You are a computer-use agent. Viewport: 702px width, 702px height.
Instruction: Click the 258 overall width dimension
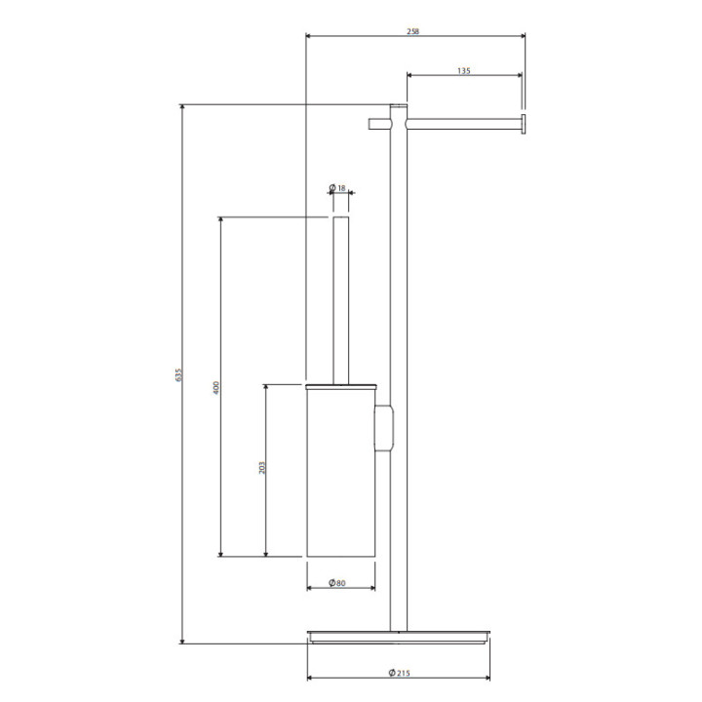[412, 31]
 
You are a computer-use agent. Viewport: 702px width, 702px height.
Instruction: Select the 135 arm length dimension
[464, 71]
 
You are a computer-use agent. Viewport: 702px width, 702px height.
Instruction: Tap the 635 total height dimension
[178, 374]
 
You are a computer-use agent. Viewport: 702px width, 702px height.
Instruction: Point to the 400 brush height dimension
[216, 387]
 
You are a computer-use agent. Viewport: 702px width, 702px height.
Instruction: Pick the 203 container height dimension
[262, 468]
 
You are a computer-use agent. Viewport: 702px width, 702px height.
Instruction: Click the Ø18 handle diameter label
[338, 188]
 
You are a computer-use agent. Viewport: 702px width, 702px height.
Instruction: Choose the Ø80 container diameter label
[337, 583]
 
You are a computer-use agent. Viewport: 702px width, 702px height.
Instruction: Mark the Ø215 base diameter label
[400, 673]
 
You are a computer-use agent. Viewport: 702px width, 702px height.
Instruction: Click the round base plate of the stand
[399, 637]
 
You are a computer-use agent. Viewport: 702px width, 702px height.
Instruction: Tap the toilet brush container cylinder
[340, 473]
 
